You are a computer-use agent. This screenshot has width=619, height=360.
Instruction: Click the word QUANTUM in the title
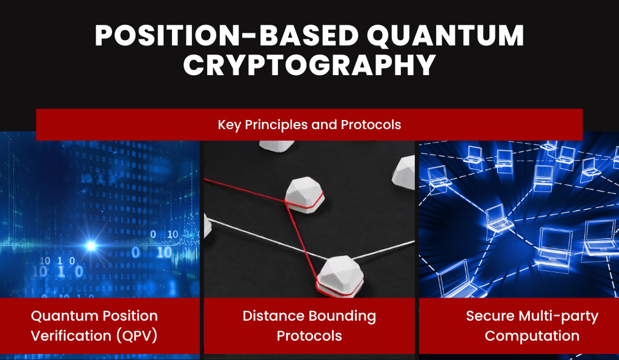tap(445, 36)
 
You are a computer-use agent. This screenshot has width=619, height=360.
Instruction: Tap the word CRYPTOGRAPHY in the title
tap(309, 65)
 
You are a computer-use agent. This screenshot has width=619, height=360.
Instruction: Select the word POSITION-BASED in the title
tap(226, 36)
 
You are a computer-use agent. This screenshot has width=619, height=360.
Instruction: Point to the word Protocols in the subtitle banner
tap(371, 125)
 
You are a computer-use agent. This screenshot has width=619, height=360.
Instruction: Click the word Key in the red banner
tap(230, 125)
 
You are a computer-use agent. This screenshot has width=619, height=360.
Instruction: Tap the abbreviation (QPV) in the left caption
tap(137, 336)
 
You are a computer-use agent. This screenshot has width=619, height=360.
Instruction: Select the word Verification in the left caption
tap(71, 336)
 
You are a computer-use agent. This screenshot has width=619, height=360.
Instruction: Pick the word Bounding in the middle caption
tap(342, 316)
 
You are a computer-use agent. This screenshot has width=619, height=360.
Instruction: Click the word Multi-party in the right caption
tap(558, 316)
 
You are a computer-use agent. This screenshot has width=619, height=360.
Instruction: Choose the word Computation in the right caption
tap(532, 336)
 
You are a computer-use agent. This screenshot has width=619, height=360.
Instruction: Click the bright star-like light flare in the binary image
tap(91, 246)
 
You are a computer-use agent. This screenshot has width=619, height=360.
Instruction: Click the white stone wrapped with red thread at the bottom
tap(340, 276)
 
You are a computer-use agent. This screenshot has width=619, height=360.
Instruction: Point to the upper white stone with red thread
tap(305, 195)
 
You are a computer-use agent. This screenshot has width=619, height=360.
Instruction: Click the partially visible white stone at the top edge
tap(276, 146)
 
